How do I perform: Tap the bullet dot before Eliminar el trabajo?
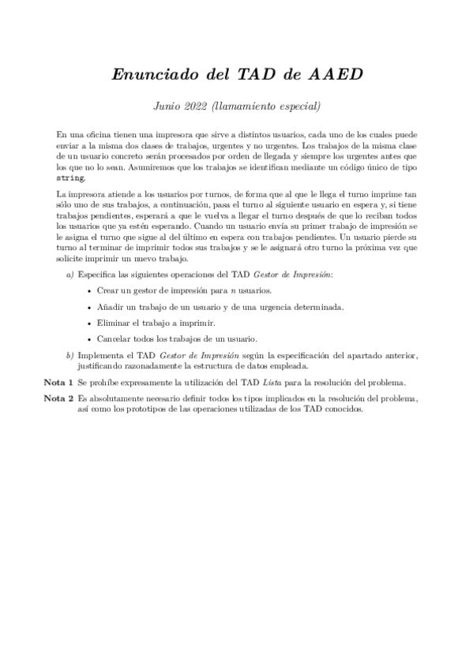coord(87,323)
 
